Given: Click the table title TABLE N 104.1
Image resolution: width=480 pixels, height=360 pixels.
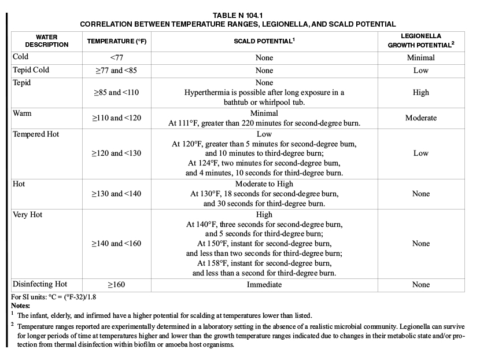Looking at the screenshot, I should (x=238, y=16).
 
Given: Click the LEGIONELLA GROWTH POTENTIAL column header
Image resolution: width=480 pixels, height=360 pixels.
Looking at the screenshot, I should (x=420, y=41).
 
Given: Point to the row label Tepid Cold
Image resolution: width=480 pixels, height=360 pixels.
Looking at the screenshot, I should (x=31, y=70).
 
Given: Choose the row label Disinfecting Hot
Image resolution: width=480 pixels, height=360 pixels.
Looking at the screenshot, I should (x=40, y=284).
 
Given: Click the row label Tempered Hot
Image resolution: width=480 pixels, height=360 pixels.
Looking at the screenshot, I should (x=36, y=134).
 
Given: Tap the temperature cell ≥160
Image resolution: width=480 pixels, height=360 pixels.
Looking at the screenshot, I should (x=117, y=285).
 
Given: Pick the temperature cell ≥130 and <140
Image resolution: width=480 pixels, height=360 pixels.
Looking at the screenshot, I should (x=116, y=194).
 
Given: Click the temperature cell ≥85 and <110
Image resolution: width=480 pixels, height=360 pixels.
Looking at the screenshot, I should (x=116, y=92).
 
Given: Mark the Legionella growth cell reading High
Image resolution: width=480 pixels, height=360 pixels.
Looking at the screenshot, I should (x=420, y=92).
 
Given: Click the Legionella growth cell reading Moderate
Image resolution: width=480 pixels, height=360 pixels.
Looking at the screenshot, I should (x=420, y=118).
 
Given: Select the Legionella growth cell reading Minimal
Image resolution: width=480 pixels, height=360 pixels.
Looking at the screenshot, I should (x=420, y=58).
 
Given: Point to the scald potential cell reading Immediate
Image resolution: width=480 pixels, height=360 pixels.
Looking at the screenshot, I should (x=264, y=285).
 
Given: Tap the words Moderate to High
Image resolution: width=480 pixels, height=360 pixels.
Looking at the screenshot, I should (x=264, y=184).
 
